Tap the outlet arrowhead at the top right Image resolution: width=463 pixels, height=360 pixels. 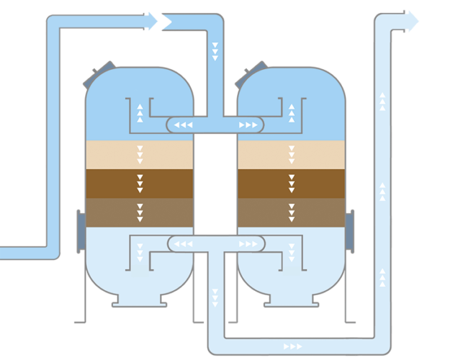coord(411,21)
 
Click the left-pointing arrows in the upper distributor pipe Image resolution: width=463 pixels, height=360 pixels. coord(183,125)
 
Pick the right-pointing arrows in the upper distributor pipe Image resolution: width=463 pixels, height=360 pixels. coord(248,125)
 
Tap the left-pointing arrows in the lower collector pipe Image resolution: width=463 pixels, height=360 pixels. coord(183,244)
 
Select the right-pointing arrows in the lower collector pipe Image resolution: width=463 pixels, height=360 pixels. coord(248,244)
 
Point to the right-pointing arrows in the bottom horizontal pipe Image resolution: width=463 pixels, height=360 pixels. coord(293,346)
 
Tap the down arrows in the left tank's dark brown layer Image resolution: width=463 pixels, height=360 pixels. coord(140,184)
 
